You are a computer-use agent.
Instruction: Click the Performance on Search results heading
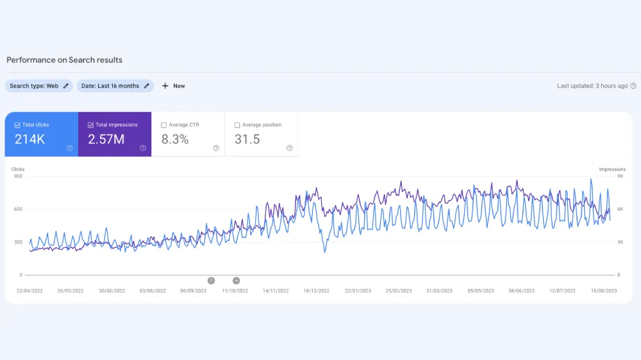point(64,60)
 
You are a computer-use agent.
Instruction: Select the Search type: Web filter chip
point(38,86)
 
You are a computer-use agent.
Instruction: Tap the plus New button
point(173,86)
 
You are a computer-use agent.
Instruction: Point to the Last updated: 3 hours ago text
point(592,86)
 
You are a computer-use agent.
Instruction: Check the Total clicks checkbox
point(17,125)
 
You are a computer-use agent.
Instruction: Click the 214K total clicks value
point(29,139)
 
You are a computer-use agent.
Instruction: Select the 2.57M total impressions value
point(106,139)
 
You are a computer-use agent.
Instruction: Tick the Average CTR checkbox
point(164,125)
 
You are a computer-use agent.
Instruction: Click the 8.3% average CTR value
point(175,139)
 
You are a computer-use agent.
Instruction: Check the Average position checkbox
point(237,125)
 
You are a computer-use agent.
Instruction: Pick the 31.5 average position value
point(247,139)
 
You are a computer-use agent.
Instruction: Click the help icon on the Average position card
point(289,148)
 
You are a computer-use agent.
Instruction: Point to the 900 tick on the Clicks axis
point(17,176)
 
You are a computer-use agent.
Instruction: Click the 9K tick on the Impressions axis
point(619,176)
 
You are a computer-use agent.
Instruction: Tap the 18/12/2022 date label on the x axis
point(316,291)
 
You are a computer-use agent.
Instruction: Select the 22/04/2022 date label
point(29,291)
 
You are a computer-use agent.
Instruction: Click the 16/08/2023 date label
point(603,291)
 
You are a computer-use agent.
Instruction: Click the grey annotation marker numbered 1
point(211,281)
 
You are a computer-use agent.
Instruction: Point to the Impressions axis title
point(612,170)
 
